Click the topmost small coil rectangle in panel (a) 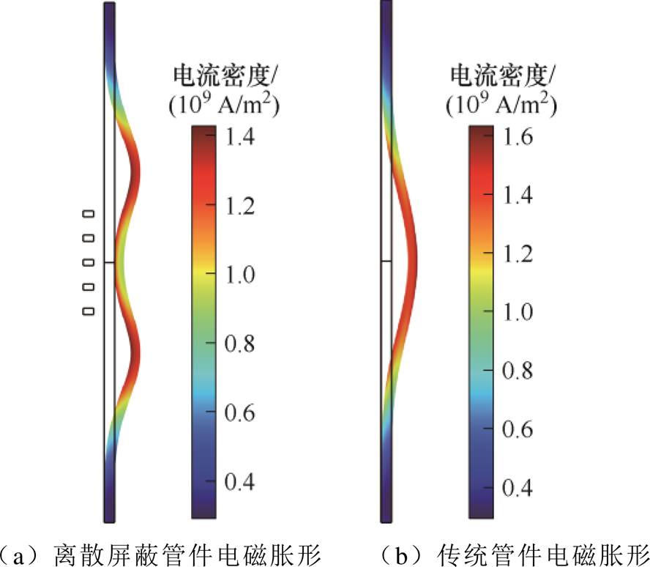(x=89, y=214)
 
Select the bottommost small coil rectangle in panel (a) (x=89, y=311)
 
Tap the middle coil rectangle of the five (x=89, y=262)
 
